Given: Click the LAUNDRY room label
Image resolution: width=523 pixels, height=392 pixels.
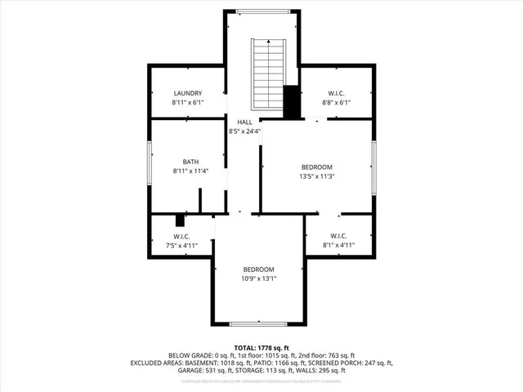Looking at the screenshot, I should tap(187, 94).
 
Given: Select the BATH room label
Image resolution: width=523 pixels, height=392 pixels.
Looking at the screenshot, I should tap(190, 162).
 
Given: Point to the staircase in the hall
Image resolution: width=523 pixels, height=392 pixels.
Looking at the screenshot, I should tap(267, 69).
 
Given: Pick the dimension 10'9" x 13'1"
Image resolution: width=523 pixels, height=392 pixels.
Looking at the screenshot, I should tap(258, 278).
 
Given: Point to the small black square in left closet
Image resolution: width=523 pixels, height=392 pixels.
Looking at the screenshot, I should tap(181, 219).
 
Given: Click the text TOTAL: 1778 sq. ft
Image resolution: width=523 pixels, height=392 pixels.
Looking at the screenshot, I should tap(261, 347).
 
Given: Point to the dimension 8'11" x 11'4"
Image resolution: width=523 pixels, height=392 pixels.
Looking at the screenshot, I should tap(190, 171).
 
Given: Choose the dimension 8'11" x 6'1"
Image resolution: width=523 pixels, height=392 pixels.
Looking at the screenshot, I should tap(187, 104).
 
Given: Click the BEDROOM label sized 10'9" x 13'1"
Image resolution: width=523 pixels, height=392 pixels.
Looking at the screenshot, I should tap(258, 269).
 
